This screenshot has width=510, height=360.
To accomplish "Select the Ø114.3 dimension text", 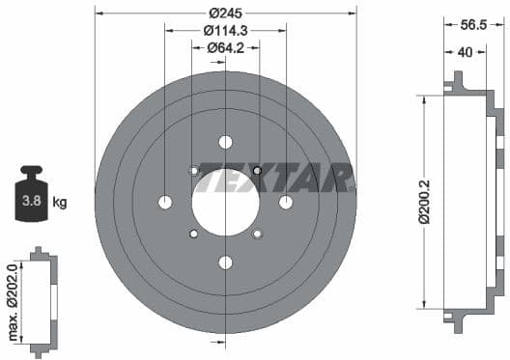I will (225, 32).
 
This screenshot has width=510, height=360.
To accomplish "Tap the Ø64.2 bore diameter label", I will (225, 49).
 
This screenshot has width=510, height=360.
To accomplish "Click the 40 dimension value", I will (466, 54).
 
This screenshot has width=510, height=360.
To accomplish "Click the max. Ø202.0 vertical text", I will (12, 298).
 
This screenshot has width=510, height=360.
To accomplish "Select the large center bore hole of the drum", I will (225, 202).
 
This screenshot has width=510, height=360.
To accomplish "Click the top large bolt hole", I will (225, 142).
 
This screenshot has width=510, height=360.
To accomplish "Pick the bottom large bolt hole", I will (225, 263).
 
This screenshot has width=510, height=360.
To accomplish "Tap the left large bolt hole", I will (164, 202).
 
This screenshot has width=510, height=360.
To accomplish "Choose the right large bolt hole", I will (286, 202).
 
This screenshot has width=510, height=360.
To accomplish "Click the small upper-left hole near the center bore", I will (193, 171).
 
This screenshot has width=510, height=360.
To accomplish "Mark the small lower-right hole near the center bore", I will (257, 234).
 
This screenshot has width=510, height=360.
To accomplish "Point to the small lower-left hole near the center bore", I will (193, 234).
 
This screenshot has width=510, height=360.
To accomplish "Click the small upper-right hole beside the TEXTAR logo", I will (257, 171).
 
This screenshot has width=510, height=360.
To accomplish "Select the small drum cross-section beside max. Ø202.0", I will (42, 298).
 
